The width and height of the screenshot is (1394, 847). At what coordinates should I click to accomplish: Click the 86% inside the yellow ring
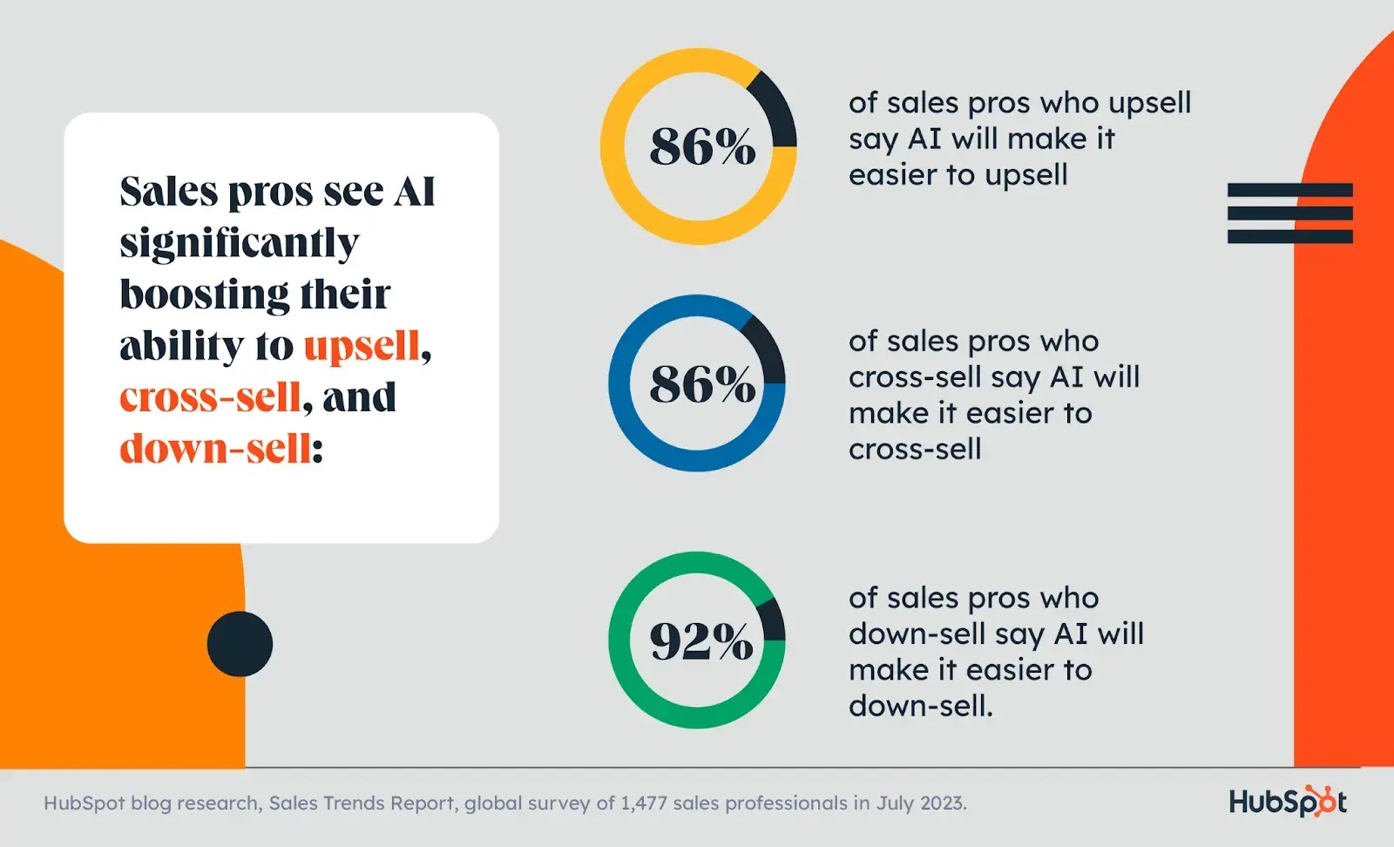click(x=702, y=146)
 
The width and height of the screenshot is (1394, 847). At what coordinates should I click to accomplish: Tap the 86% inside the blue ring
click(x=702, y=384)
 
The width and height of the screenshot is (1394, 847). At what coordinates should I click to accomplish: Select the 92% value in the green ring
click(x=701, y=641)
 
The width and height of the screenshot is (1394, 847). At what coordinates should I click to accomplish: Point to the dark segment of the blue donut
click(x=764, y=349)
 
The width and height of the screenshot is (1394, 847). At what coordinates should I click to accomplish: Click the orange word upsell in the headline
click(x=362, y=347)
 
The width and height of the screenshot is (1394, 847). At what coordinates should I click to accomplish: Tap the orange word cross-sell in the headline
click(x=210, y=397)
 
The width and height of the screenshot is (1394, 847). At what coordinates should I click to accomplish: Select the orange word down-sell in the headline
click(x=215, y=449)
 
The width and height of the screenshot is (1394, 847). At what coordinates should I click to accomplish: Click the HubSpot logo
click(x=1288, y=802)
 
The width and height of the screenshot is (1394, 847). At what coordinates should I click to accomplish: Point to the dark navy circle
click(x=240, y=644)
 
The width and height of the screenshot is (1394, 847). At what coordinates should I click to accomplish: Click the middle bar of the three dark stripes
click(x=1289, y=213)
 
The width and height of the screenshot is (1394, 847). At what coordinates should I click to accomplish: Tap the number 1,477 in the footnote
click(x=644, y=803)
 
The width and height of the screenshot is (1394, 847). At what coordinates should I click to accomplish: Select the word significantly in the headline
click(x=239, y=244)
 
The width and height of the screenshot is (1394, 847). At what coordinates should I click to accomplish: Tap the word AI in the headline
click(x=414, y=192)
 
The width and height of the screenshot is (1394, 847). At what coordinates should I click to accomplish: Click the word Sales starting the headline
click(x=169, y=192)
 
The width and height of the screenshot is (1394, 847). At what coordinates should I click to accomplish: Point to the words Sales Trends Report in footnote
click(x=362, y=803)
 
